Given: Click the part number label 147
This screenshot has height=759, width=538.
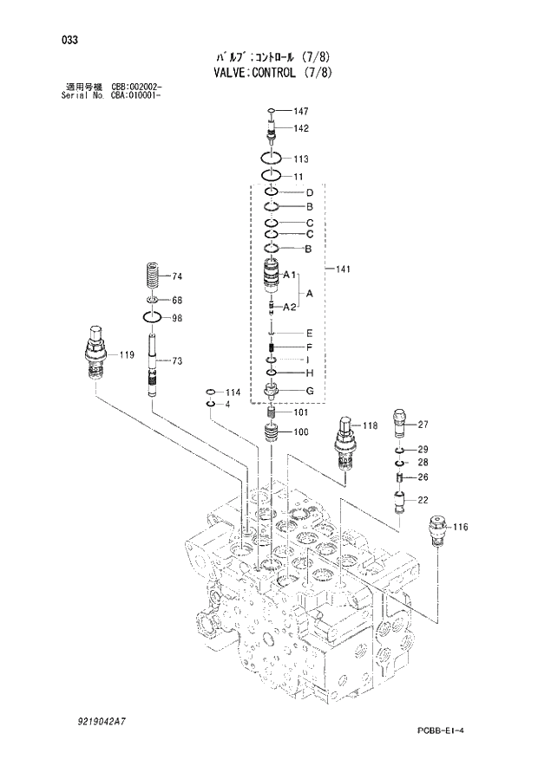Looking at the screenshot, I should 301,111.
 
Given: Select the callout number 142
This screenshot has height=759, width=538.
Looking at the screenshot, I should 301,128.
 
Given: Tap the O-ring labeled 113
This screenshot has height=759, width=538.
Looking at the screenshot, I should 272,159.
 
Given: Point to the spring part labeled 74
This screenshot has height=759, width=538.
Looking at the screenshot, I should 153,278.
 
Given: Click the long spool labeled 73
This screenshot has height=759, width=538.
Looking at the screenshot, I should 152,369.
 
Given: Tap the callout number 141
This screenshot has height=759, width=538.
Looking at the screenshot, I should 344,270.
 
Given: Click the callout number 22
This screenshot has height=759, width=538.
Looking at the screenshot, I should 423,500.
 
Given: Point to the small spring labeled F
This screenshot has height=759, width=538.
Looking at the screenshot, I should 272,348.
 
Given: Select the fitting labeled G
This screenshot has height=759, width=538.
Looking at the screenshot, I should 272,392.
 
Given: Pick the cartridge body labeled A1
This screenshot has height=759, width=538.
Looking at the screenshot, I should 272,276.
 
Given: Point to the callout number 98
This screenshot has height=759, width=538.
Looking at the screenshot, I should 177,318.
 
